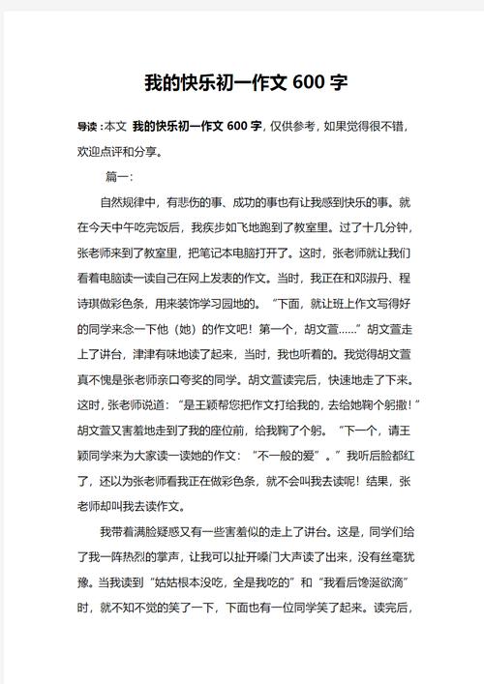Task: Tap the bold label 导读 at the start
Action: pyautogui.click(x=87, y=128)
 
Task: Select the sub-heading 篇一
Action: pyautogui.click(x=118, y=177)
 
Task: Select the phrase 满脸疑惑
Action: pyautogui.click(x=159, y=531)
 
